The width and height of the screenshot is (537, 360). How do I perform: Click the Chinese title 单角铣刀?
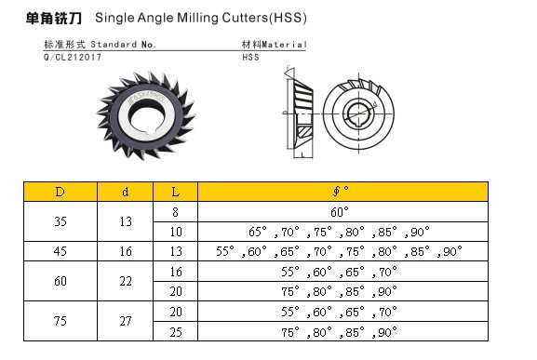click(x=54, y=18)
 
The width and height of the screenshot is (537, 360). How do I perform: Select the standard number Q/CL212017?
click(x=73, y=57)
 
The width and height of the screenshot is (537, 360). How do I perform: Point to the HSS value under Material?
click(x=250, y=57)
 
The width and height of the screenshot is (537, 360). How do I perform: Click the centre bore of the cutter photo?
click(x=147, y=118)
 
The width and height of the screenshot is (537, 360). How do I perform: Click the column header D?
click(x=60, y=192)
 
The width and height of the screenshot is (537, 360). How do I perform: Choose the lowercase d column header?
click(x=126, y=192)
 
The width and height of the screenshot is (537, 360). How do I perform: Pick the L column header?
click(x=175, y=192)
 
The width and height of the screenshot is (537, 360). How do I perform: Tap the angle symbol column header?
click(x=342, y=192)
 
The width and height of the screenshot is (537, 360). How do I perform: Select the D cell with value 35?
click(x=60, y=221)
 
